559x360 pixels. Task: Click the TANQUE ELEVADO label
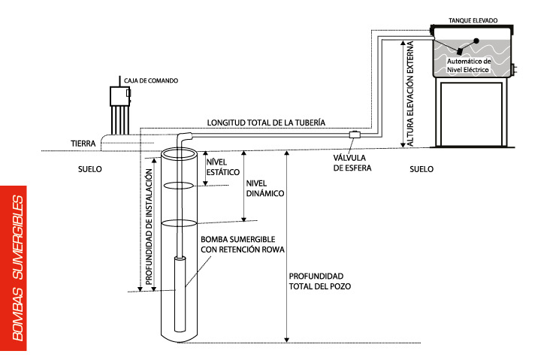(x=472, y=21)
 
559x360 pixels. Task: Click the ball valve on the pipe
(x=353, y=135)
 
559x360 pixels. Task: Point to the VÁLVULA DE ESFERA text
(x=352, y=163)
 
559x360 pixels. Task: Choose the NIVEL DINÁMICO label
(x=264, y=188)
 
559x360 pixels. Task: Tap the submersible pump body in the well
(x=180, y=293)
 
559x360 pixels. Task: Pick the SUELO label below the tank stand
(x=422, y=169)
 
